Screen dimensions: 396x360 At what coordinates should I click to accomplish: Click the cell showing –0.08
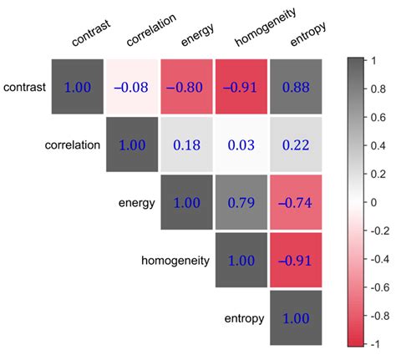[x=132, y=87]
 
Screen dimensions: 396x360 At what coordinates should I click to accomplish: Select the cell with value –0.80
[x=186, y=87]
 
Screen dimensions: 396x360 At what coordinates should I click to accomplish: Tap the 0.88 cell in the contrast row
[x=296, y=87]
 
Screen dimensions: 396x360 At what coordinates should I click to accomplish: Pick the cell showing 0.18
[x=186, y=145]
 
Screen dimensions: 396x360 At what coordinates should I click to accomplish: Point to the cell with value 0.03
[x=241, y=145]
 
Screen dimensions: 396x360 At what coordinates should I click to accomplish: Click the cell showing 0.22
[x=296, y=145]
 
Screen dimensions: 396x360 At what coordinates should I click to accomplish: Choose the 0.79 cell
[x=241, y=202]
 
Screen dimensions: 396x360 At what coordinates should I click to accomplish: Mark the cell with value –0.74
[x=296, y=202]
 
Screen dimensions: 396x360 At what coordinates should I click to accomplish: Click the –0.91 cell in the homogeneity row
[x=296, y=261]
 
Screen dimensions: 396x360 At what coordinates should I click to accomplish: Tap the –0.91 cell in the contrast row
[x=241, y=87]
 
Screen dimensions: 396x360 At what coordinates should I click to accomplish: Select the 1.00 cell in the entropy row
[x=296, y=318]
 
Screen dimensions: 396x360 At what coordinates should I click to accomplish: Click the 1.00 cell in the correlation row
[x=132, y=145]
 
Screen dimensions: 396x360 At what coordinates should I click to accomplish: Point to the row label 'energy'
[x=137, y=203]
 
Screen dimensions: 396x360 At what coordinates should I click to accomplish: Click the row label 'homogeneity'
[x=175, y=261]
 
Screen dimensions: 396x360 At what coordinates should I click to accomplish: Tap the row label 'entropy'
[x=244, y=319]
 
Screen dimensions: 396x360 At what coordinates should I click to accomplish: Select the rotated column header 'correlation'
[x=151, y=29]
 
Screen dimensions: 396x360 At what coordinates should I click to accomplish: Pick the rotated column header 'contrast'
[x=91, y=33]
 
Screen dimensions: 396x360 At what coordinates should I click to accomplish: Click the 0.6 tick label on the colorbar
[x=378, y=117]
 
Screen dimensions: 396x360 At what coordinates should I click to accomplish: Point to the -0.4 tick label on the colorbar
[x=379, y=259]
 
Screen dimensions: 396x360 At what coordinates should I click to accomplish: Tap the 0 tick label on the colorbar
[x=373, y=202]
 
